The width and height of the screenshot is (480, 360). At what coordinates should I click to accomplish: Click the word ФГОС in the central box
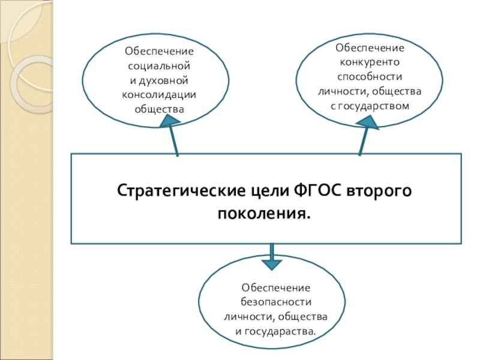[319, 191]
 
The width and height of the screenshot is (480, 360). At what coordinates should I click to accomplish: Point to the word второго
[380, 191]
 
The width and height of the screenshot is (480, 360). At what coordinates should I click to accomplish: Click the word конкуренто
[370, 62]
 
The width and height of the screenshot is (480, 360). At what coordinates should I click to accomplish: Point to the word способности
[370, 77]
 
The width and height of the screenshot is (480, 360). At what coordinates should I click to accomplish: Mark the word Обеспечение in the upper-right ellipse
[370, 47]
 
